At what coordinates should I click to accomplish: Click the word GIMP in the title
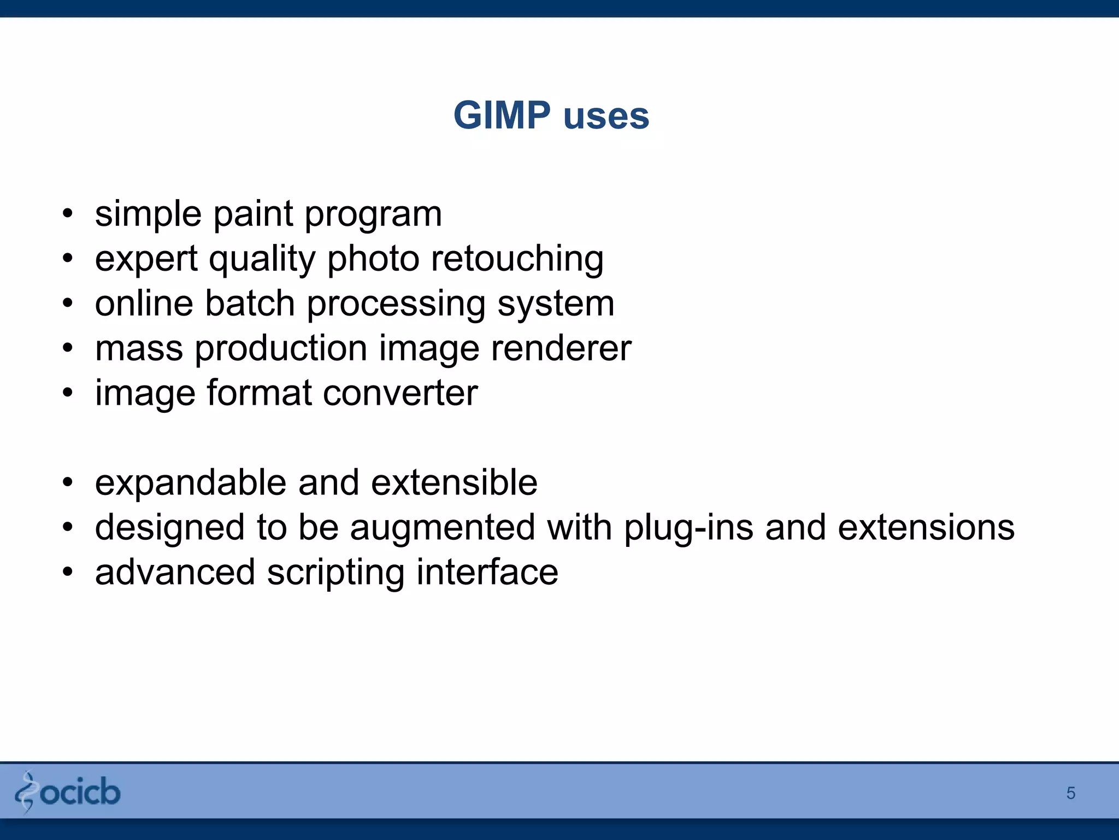(x=502, y=115)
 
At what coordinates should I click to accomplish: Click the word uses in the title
(x=606, y=116)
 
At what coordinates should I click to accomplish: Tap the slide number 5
(x=1070, y=793)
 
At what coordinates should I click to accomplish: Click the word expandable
(x=191, y=483)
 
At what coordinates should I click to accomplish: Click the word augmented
(x=443, y=528)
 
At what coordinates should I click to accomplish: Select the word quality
(x=262, y=259)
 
